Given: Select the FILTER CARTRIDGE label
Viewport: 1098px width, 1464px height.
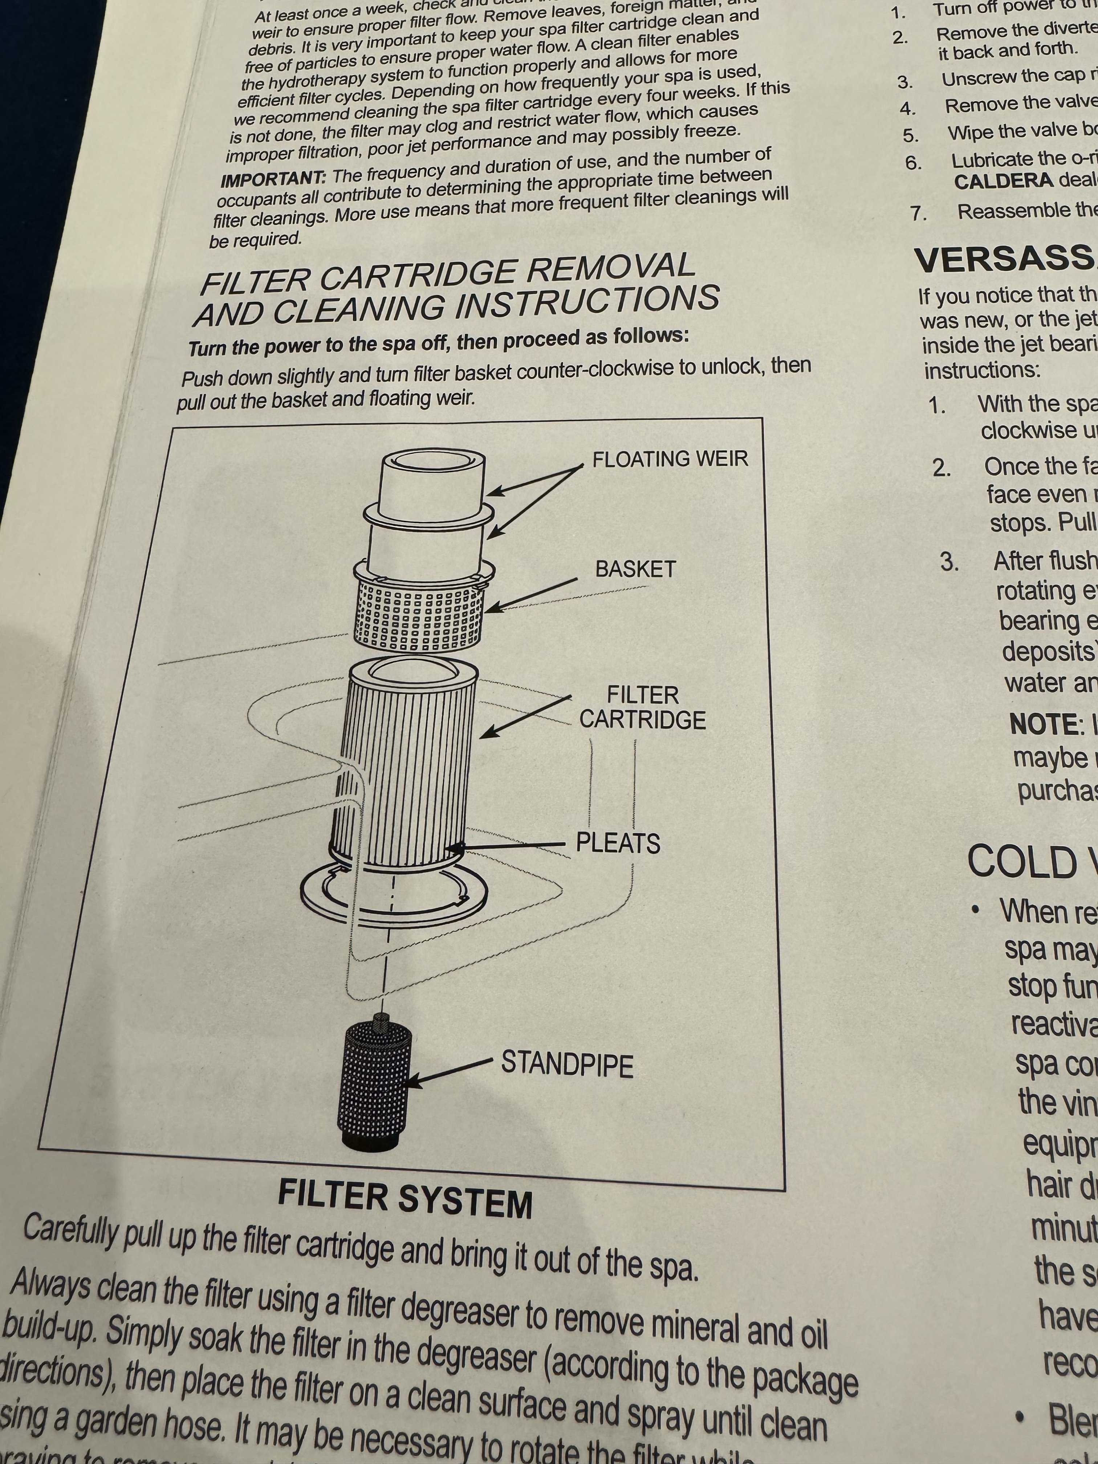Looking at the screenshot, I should click(642, 707).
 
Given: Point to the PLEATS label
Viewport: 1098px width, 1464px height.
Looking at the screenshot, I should click(618, 843).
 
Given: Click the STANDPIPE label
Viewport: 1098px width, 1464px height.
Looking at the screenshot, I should click(566, 1064).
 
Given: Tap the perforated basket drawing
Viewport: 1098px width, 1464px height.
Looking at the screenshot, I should click(418, 615).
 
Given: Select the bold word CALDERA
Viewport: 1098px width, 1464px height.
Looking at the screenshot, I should click(1003, 181).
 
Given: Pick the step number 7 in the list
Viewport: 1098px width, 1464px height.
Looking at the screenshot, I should click(917, 213).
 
